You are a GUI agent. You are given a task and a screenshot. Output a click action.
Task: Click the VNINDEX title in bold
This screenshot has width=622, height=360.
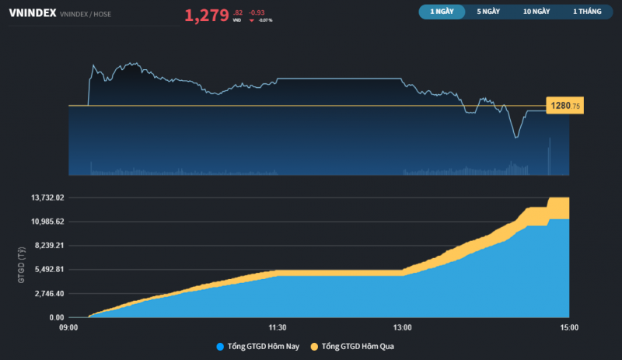click(x=32, y=13)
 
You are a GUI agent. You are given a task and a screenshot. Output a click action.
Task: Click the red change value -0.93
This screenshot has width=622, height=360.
click(x=257, y=12)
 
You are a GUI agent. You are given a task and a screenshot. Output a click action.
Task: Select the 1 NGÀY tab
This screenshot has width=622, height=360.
click(x=441, y=12)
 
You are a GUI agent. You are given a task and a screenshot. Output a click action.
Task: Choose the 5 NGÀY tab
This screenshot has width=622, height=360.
click(x=489, y=12)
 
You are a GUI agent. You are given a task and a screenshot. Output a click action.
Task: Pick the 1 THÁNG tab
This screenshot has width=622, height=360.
click(x=588, y=12)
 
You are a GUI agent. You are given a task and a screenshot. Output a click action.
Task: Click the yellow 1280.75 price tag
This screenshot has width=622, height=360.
click(x=565, y=106)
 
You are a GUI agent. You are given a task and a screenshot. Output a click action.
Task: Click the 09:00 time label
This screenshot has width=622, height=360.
click(x=68, y=327)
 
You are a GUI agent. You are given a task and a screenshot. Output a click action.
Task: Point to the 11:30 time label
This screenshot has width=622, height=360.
click(x=278, y=327)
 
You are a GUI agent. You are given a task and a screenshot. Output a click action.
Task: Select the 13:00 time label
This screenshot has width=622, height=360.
click(x=402, y=327)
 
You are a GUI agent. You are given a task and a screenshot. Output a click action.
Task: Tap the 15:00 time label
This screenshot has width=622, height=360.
click(x=569, y=327)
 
